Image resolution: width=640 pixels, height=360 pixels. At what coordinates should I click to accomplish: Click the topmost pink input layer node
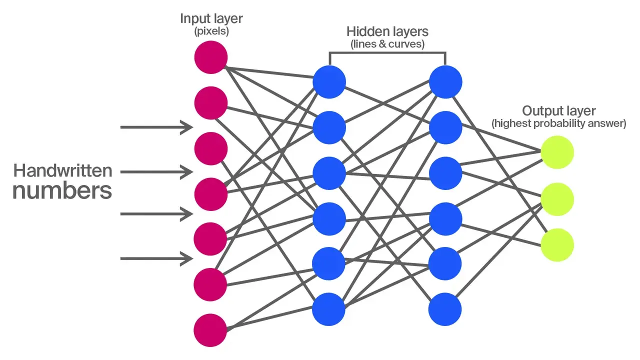pyautogui.click(x=211, y=57)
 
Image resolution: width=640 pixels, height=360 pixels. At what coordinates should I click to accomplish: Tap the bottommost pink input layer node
pyautogui.click(x=211, y=330)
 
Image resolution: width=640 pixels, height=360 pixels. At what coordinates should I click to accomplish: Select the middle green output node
pyautogui.click(x=557, y=199)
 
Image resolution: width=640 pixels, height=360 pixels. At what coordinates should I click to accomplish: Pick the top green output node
pyautogui.click(x=557, y=152)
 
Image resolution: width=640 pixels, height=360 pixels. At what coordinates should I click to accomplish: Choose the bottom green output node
pyautogui.click(x=557, y=245)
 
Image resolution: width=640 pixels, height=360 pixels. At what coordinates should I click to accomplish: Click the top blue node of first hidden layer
pyautogui.click(x=329, y=81)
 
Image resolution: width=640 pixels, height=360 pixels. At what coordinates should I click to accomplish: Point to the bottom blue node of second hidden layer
pyautogui.click(x=445, y=308)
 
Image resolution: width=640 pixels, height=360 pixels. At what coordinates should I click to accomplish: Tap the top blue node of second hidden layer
pyautogui.click(x=445, y=81)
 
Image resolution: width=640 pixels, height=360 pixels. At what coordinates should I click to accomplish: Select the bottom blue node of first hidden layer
pyautogui.click(x=329, y=308)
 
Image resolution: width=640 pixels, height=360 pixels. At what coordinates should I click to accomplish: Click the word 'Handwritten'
pyautogui.click(x=62, y=171)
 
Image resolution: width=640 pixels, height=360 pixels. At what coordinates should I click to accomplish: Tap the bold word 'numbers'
pyautogui.click(x=62, y=191)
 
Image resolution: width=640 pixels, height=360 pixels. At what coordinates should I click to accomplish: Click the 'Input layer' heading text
pyautogui.click(x=210, y=19)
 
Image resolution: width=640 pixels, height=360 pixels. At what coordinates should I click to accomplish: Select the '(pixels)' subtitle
pyautogui.click(x=210, y=31)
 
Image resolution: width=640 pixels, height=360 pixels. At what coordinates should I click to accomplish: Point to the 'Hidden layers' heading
pyautogui.click(x=387, y=31)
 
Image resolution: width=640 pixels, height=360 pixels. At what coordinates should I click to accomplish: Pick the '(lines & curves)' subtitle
pyautogui.click(x=387, y=44)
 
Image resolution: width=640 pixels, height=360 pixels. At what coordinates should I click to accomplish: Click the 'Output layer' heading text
pyautogui.click(x=558, y=110)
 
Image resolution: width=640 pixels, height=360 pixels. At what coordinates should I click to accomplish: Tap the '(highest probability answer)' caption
pyautogui.click(x=558, y=123)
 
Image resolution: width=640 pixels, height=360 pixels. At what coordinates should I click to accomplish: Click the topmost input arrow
pyautogui.click(x=156, y=127)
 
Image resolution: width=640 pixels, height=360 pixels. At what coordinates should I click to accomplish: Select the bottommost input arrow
pyautogui.click(x=156, y=258)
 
